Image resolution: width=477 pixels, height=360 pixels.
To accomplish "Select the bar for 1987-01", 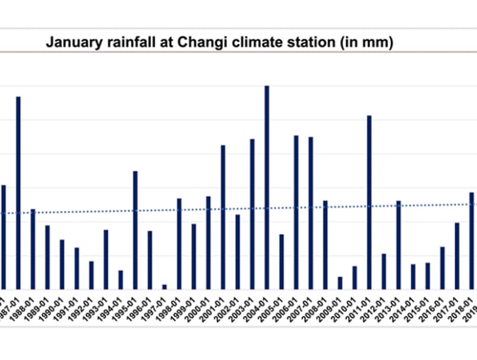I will (19, 193).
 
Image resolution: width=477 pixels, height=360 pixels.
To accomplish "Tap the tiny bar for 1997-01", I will (165, 286).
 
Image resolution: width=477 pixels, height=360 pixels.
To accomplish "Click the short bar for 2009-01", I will (340, 283).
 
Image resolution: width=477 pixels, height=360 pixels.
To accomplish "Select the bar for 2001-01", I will (223, 217).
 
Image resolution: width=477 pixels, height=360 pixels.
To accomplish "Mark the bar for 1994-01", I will (120, 279).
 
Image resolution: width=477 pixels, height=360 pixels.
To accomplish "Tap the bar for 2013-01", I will (399, 245).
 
